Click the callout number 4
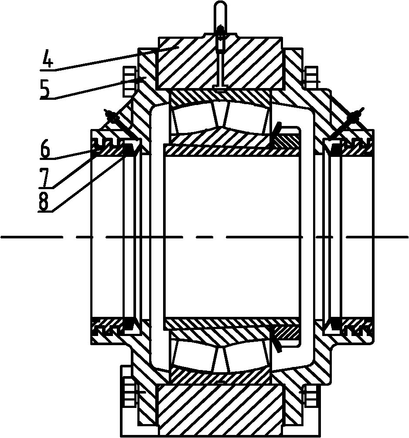coord(48,58)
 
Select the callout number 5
coord(45,88)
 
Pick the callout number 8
coord(43,201)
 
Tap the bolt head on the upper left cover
coord(129,82)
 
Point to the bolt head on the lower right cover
coord(312,395)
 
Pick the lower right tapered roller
coord(248,357)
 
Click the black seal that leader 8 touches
coord(129,150)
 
